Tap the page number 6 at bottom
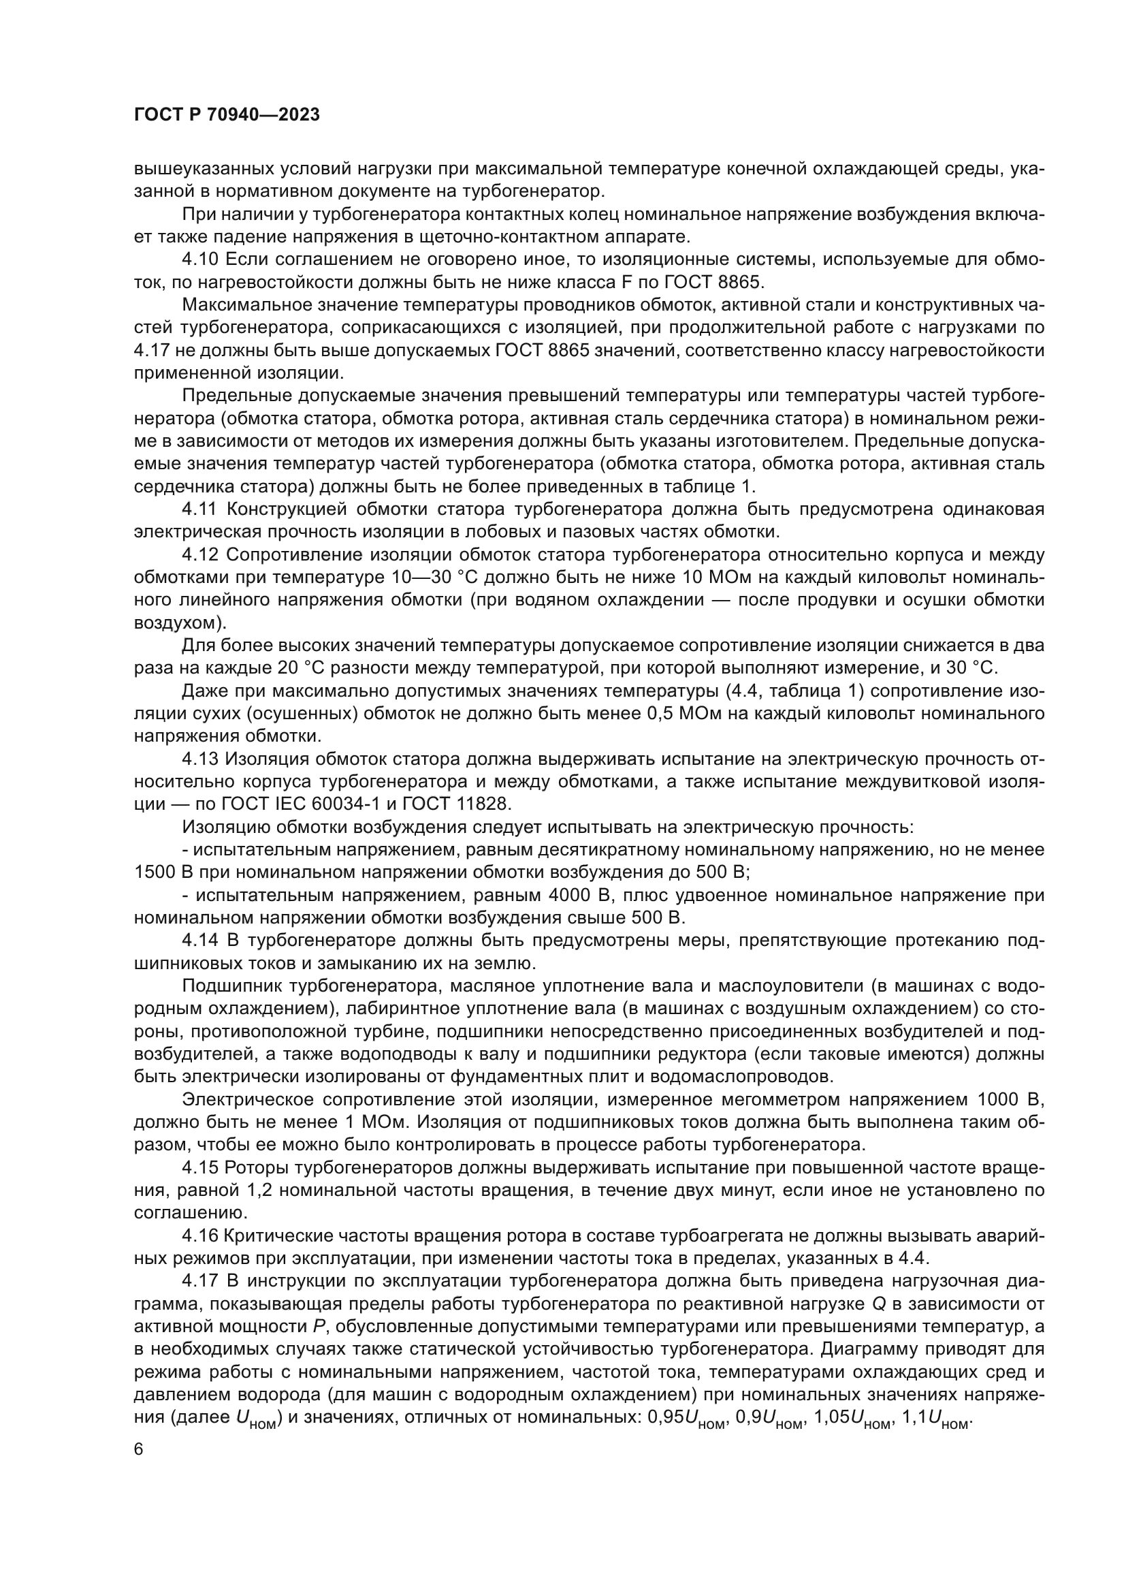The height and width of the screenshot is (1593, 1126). click(x=139, y=1449)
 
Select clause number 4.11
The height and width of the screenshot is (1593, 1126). click(x=199, y=509)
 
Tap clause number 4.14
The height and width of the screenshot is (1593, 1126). click(x=199, y=941)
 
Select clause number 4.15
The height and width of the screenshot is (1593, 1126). click(x=199, y=1168)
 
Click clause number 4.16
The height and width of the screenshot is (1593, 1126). click(x=199, y=1235)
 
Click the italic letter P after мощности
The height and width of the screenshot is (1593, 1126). click(x=318, y=1327)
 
